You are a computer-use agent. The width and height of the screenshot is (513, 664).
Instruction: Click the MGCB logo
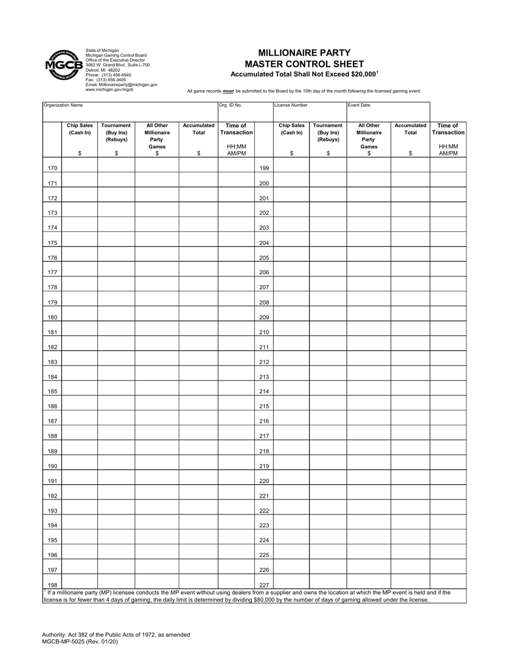(x=63, y=65)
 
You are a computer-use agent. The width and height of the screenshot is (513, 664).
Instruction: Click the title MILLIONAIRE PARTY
(x=304, y=53)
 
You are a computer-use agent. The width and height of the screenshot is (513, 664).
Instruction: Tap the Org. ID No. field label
(x=231, y=105)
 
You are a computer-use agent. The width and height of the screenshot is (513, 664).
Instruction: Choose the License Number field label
(x=291, y=105)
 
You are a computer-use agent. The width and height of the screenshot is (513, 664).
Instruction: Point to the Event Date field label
(x=359, y=105)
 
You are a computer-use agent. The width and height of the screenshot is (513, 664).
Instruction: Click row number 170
(x=52, y=168)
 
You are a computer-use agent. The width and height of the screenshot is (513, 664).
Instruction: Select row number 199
(x=264, y=168)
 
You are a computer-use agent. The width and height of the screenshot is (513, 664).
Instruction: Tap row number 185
(x=52, y=391)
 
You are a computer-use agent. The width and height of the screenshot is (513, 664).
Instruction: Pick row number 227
(x=264, y=585)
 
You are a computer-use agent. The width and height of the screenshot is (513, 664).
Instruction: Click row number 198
(x=52, y=585)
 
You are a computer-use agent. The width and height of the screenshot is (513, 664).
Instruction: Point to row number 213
(x=264, y=377)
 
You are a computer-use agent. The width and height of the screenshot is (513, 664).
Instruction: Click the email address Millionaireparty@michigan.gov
(x=122, y=85)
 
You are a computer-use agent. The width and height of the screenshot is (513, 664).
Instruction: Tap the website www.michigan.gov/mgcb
(x=110, y=90)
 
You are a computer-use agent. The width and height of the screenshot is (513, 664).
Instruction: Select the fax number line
(x=106, y=80)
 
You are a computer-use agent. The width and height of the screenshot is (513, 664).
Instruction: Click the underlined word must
(x=228, y=91)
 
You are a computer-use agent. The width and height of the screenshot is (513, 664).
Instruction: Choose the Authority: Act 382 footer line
(x=116, y=635)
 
